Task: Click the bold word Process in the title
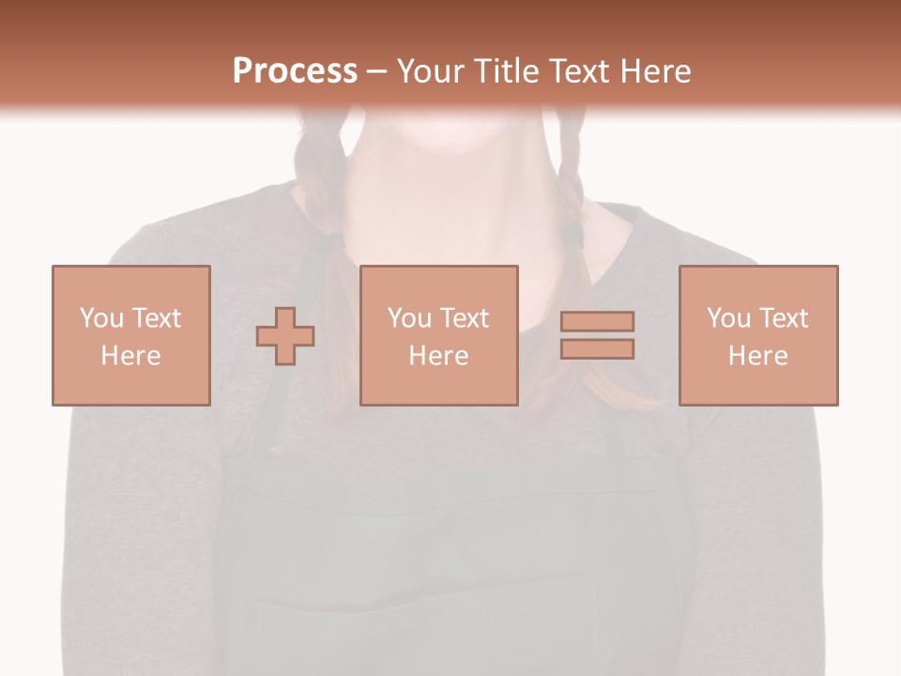coord(295,70)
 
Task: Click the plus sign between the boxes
coord(285,336)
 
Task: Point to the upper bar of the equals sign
coord(597,321)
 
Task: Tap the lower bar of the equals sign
coord(597,348)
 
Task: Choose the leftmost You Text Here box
coord(131,335)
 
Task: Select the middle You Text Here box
coord(439,335)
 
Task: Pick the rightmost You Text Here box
coord(758,335)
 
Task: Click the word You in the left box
coord(101,318)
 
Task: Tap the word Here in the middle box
coord(439,355)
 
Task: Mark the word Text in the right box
coord(782,318)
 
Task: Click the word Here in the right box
coord(758,355)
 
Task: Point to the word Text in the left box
coord(155,318)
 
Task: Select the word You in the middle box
coord(409,318)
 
